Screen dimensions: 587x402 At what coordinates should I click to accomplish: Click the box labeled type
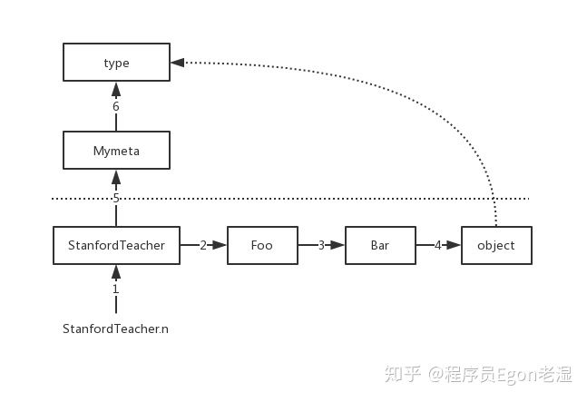pyautogui.click(x=116, y=62)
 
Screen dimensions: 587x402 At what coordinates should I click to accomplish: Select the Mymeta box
pyautogui.click(x=116, y=150)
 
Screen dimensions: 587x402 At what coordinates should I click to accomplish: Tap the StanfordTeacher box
pyautogui.click(x=116, y=245)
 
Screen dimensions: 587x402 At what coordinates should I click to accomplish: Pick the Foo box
pyautogui.click(x=262, y=245)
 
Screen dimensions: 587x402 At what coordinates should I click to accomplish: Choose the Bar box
pyautogui.click(x=380, y=245)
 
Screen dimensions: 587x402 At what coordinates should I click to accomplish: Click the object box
pyautogui.click(x=496, y=245)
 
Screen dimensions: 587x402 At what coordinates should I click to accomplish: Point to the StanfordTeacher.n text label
pyautogui.click(x=115, y=328)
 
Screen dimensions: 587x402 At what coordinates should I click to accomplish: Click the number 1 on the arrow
pyautogui.click(x=116, y=289)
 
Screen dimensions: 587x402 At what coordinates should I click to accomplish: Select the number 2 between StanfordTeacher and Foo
pyautogui.click(x=203, y=245)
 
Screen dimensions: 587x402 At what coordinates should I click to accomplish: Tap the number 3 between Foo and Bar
pyautogui.click(x=321, y=245)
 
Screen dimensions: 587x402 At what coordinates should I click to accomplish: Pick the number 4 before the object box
pyautogui.click(x=437, y=245)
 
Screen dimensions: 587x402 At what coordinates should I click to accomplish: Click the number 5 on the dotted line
pyautogui.click(x=116, y=198)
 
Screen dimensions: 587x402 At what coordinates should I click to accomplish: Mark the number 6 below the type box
pyautogui.click(x=116, y=106)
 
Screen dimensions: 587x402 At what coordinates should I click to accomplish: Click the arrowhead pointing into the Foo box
pyautogui.click(x=220, y=245)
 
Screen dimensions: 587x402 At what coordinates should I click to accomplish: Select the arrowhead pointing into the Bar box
pyautogui.click(x=338, y=245)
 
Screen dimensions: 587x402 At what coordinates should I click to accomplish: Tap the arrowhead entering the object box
pyautogui.click(x=454, y=245)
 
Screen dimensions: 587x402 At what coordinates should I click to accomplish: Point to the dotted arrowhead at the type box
pyautogui.click(x=178, y=63)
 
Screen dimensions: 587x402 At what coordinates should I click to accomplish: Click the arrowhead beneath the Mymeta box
pyautogui.click(x=116, y=177)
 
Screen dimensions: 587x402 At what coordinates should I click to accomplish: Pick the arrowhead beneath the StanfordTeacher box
pyautogui.click(x=116, y=272)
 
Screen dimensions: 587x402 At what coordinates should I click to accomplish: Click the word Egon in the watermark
pyautogui.click(x=517, y=374)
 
